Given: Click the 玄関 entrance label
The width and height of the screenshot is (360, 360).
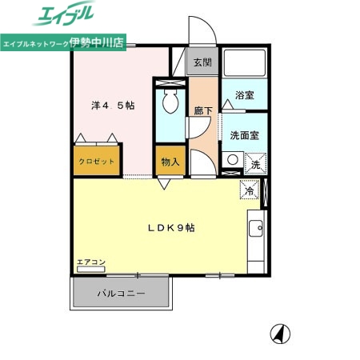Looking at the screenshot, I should (x=202, y=62).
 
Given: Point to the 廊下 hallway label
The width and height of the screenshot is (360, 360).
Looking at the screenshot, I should (x=202, y=113).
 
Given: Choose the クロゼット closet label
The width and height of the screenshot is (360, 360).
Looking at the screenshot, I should (x=96, y=161).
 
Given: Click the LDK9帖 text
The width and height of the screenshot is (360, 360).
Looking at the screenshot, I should (x=170, y=228).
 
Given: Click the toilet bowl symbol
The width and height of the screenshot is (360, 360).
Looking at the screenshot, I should (x=169, y=102).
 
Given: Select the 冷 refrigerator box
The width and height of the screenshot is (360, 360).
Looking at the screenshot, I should (x=249, y=192).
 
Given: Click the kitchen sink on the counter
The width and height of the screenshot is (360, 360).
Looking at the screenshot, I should (x=257, y=230).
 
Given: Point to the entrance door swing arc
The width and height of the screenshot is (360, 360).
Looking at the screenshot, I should (x=202, y=34).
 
